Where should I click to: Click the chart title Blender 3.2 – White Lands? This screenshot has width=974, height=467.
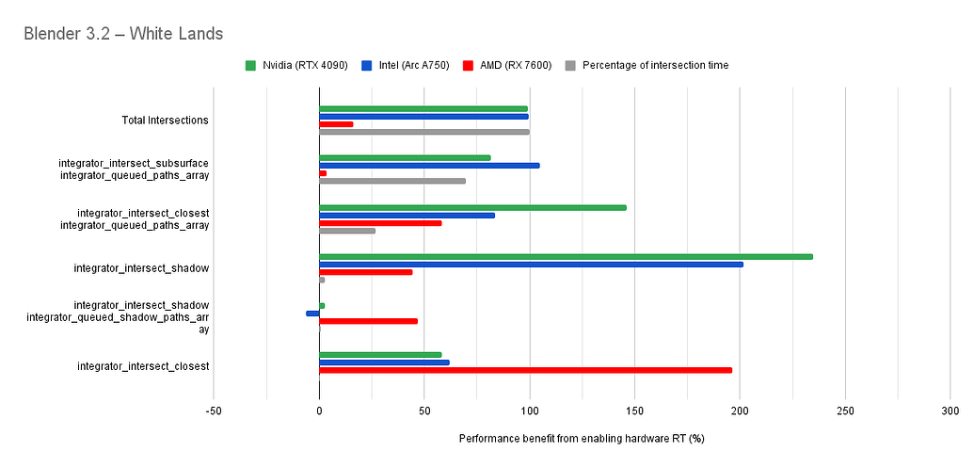point(123,34)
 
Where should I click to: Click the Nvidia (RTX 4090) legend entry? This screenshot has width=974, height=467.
point(295,65)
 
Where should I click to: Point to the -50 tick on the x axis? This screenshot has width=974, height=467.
point(213,411)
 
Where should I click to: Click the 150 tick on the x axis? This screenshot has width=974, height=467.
point(634,411)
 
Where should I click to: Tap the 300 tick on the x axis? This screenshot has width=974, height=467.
point(950,411)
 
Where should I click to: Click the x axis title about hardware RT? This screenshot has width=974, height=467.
point(582,439)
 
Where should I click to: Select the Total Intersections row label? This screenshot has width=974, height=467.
point(165,121)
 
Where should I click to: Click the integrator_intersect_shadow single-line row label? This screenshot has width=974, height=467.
point(141,268)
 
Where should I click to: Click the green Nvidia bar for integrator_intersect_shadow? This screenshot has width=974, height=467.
point(566,256)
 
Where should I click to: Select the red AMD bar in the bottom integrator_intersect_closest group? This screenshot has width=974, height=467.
point(525,370)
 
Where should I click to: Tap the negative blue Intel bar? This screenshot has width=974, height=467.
point(312,313)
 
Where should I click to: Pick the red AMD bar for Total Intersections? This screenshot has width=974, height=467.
point(336,124)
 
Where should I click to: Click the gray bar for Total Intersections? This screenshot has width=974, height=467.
point(424,132)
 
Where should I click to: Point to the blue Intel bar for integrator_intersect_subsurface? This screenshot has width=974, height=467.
point(429,165)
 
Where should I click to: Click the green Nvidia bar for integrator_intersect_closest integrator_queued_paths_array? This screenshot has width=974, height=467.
point(472,207)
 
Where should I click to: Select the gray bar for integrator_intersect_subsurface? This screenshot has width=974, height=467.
point(392,180)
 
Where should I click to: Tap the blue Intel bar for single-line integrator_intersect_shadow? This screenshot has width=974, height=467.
point(531,264)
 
